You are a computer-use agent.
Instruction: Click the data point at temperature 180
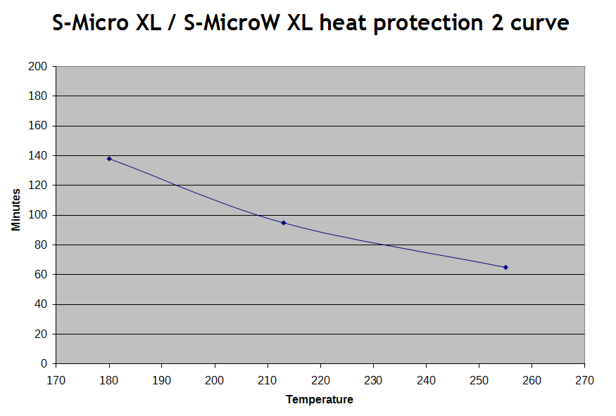(x=109, y=159)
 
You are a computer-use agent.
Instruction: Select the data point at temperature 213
(x=284, y=223)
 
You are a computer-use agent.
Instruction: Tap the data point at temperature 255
(x=505, y=267)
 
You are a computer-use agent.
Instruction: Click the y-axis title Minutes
(x=16, y=209)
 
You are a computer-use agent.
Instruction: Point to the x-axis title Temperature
(x=320, y=400)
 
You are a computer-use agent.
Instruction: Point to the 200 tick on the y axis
(x=39, y=67)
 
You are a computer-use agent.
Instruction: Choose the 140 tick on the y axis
(x=39, y=155)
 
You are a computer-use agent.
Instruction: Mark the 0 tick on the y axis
(x=44, y=363)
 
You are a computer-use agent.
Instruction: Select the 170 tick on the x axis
(x=56, y=380)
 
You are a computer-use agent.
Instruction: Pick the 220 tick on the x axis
(x=320, y=380)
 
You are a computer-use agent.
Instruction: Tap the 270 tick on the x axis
(x=584, y=380)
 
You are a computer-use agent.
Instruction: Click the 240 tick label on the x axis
(x=426, y=380)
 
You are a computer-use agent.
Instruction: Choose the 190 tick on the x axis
(x=162, y=380)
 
